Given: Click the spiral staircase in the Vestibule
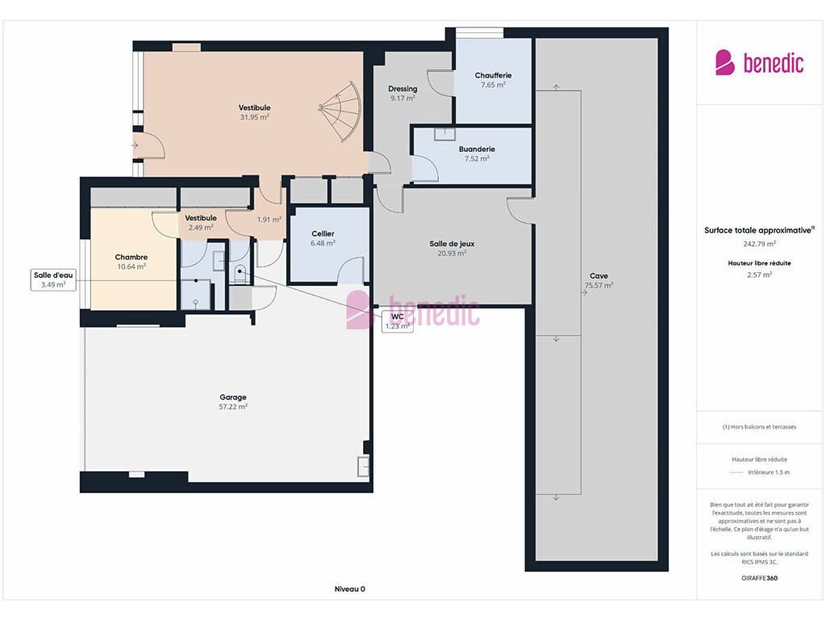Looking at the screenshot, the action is pos(342,111).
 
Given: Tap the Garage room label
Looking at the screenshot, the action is pos(233,397).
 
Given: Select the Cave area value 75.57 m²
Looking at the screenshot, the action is pos(599,285).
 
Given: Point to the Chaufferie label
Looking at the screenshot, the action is pos(493,75).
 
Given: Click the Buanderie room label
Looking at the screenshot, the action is pos(477,149).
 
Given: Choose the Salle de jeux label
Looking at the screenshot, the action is pos(452,244).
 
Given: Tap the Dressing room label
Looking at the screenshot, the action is pos(403,89).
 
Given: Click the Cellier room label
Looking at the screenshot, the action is pos(323,233).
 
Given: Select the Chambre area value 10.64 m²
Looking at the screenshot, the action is pos(131,266).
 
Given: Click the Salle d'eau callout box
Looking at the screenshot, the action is pos(53,280).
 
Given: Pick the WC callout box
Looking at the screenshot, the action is pos(397,321).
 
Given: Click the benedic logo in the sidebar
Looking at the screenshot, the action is pos(760,63).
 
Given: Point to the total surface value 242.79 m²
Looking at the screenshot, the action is pos(759,244).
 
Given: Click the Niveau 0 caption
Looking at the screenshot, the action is pos(350,589).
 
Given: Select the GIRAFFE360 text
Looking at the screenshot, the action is pos(759,578).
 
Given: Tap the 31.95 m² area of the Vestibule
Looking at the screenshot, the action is pos(254,117).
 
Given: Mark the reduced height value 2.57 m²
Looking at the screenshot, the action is pos(759,274).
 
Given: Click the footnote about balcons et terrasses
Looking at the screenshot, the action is pos(759,427).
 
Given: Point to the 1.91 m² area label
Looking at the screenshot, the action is pos(269,220).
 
